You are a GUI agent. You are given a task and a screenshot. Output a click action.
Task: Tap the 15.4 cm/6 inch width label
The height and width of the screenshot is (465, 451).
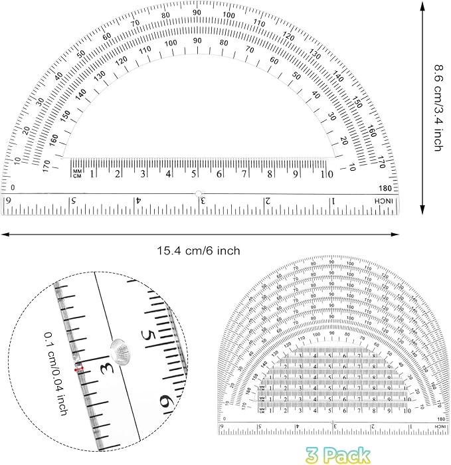[x=198, y=250]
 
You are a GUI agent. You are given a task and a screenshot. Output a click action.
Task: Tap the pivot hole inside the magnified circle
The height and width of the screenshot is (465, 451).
[x=120, y=347]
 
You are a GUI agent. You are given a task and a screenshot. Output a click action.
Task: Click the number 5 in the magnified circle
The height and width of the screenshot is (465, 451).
[x=151, y=341]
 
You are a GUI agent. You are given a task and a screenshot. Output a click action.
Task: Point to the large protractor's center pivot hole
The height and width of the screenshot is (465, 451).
[x=198, y=193]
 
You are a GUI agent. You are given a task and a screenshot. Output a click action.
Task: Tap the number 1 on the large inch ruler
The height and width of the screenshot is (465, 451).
[x=333, y=201]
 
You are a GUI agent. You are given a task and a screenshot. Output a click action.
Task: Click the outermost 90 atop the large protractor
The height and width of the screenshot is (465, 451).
[x=197, y=13]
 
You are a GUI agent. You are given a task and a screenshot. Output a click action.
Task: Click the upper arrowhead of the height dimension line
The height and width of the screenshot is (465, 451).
[x=422, y=5]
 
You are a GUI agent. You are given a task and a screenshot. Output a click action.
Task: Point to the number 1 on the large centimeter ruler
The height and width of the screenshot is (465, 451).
[x=92, y=174]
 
